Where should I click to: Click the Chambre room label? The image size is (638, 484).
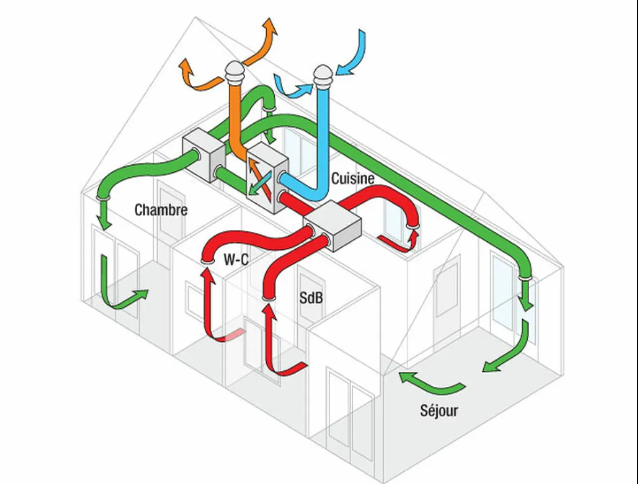click(161, 210)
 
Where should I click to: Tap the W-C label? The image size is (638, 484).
click(236, 260)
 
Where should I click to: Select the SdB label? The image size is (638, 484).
click(310, 298)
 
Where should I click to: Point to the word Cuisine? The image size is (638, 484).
click(353, 179)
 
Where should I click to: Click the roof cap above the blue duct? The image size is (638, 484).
click(323, 75)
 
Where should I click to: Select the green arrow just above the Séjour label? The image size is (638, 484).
click(430, 384)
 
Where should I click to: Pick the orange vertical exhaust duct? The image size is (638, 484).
click(236, 115)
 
